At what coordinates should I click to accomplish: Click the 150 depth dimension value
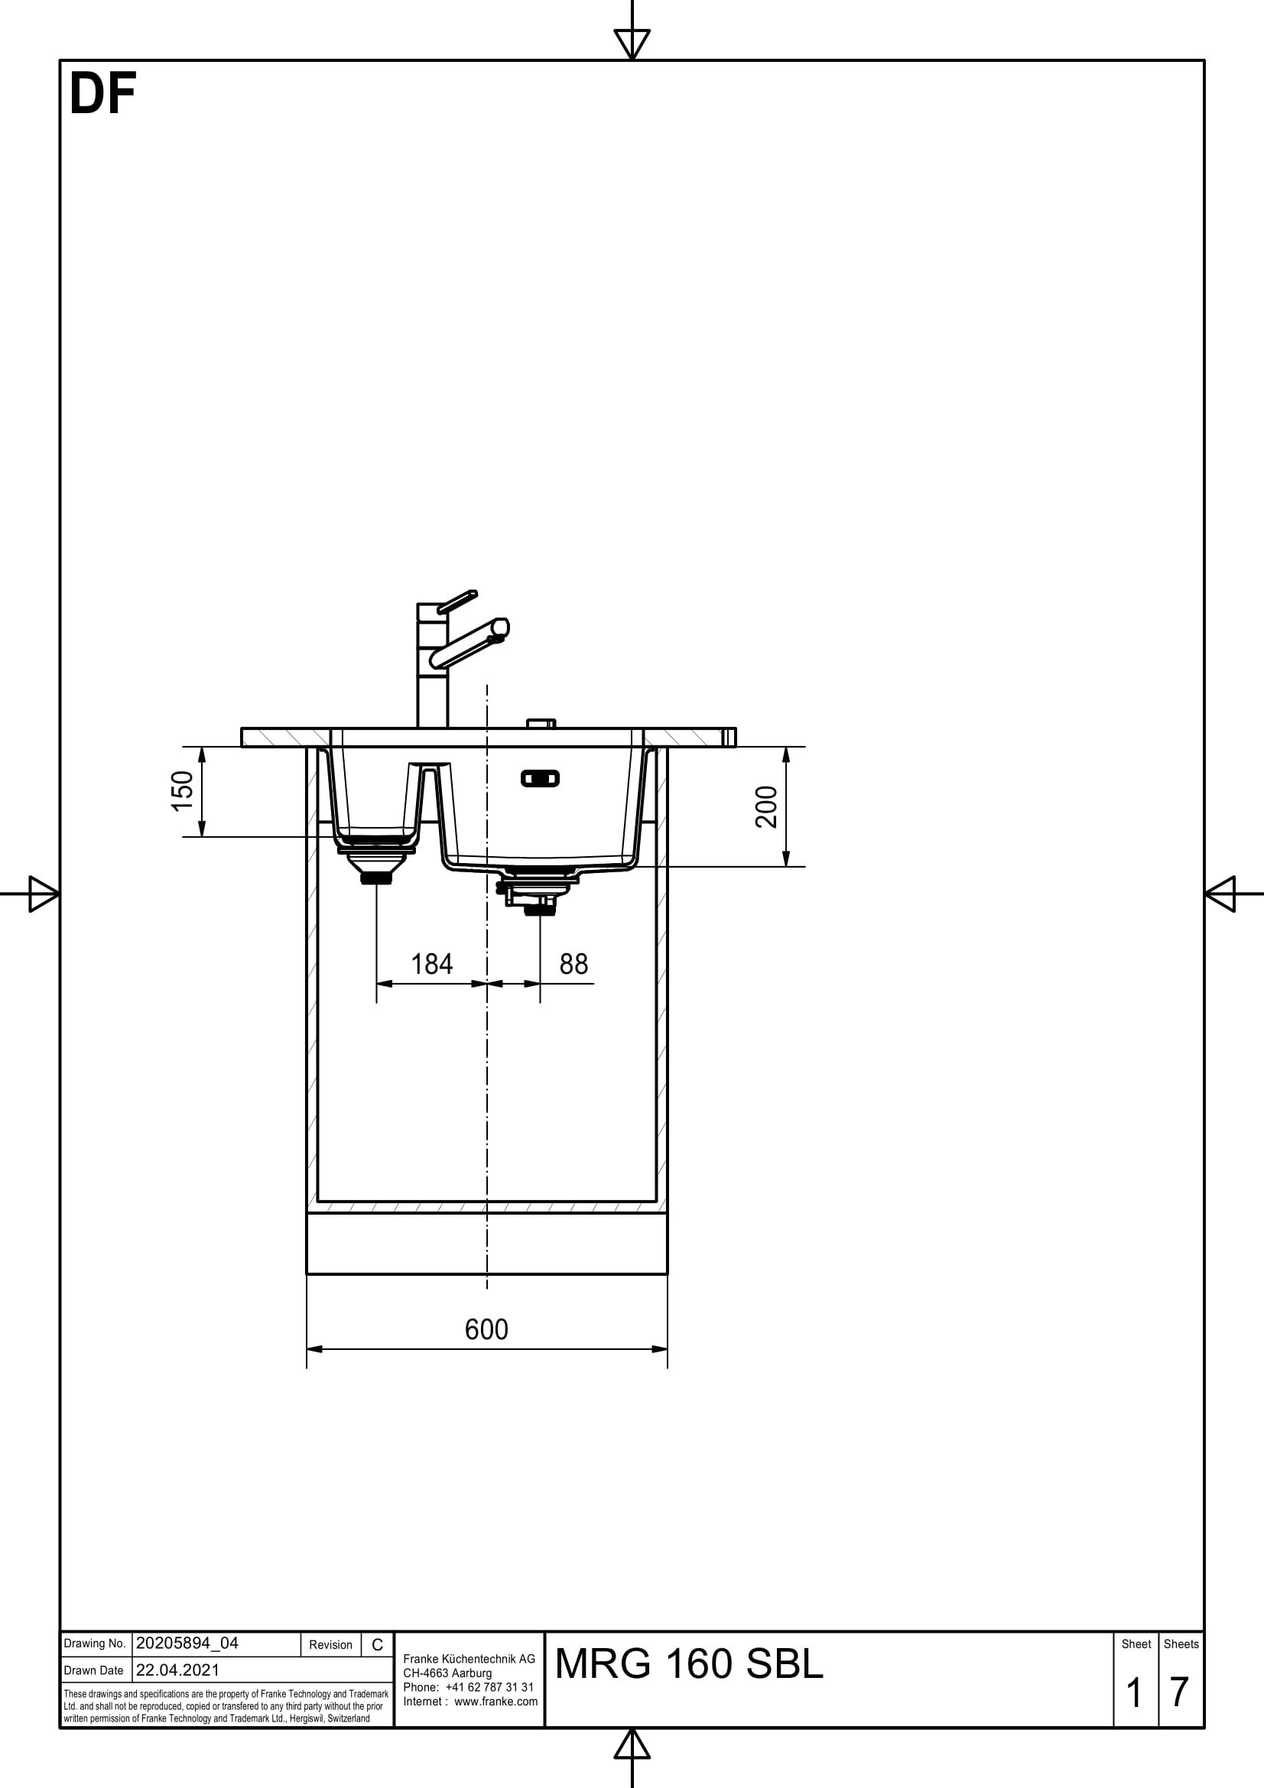(182, 790)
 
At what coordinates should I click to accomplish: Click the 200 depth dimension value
(767, 806)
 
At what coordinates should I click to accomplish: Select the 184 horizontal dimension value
(431, 964)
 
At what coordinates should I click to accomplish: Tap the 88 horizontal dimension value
(574, 964)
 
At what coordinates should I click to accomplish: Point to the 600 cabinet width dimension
(486, 1329)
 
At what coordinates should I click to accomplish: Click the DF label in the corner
(102, 95)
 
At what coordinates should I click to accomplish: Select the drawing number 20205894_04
(187, 1644)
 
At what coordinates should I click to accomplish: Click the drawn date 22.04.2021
(177, 1670)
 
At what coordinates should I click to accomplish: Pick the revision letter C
(377, 1645)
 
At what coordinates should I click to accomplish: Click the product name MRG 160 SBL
(688, 1663)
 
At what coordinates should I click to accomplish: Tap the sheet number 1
(1134, 1693)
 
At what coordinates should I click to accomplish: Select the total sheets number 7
(1179, 1692)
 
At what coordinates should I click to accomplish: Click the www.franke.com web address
(496, 1701)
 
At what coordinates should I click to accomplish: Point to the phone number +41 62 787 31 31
(490, 1687)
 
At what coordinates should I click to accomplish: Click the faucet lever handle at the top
(458, 601)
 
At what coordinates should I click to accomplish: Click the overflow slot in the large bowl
(540, 778)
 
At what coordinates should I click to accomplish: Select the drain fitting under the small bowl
(376, 863)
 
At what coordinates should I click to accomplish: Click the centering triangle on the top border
(632, 44)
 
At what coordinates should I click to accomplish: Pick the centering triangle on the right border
(1220, 893)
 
